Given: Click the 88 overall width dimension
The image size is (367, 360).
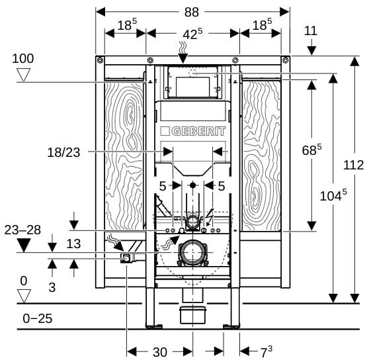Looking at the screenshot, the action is coord(192,12).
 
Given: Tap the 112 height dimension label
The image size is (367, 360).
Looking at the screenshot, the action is coord(353,165).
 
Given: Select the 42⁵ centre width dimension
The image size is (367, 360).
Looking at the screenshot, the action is coord(192,34).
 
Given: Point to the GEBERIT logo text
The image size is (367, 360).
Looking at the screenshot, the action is coord(193,132).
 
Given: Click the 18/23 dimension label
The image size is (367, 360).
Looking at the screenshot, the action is coord(63,152).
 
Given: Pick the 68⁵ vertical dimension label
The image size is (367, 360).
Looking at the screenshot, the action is coord(311,150).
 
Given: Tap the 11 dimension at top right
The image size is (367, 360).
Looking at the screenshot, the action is coord(311,30).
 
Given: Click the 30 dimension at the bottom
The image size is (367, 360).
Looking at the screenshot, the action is coord(160,352).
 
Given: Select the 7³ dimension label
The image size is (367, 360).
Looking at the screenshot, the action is coord(266,351).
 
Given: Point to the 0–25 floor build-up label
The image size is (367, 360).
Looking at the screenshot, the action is coord(38,318).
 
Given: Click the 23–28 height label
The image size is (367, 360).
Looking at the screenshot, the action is coord(22,230).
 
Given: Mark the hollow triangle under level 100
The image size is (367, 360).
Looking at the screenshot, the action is coord(24,75).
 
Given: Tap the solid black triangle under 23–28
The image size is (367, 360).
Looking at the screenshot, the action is coord(24,246).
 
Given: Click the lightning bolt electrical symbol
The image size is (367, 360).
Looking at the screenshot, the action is coord(209,218).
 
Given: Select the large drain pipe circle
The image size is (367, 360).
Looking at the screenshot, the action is coord(192,252).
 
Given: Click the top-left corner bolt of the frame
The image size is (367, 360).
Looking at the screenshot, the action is coord(100,60).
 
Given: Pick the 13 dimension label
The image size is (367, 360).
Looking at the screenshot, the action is coord(73,244).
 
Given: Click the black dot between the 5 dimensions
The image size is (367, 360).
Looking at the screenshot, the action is coord(192,185).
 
